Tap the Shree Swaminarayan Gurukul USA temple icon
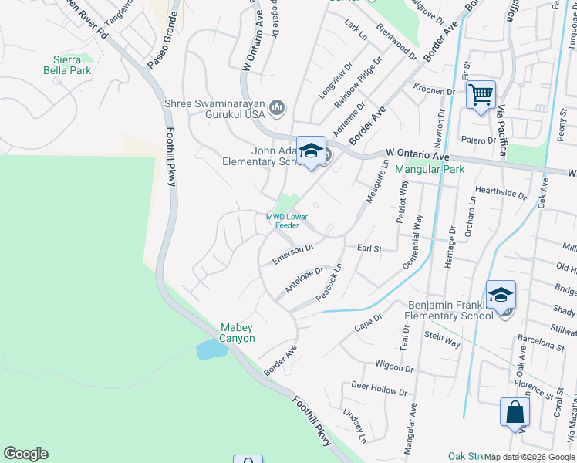tap(278, 106)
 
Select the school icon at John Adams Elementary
tap(311, 150)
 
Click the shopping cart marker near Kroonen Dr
tap(481, 95)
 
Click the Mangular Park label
tap(423, 168)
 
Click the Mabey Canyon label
tap(238, 333)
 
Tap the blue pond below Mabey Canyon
tap(211, 350)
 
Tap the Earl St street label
tap(369, 248)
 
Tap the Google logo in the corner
tap(25, 454)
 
